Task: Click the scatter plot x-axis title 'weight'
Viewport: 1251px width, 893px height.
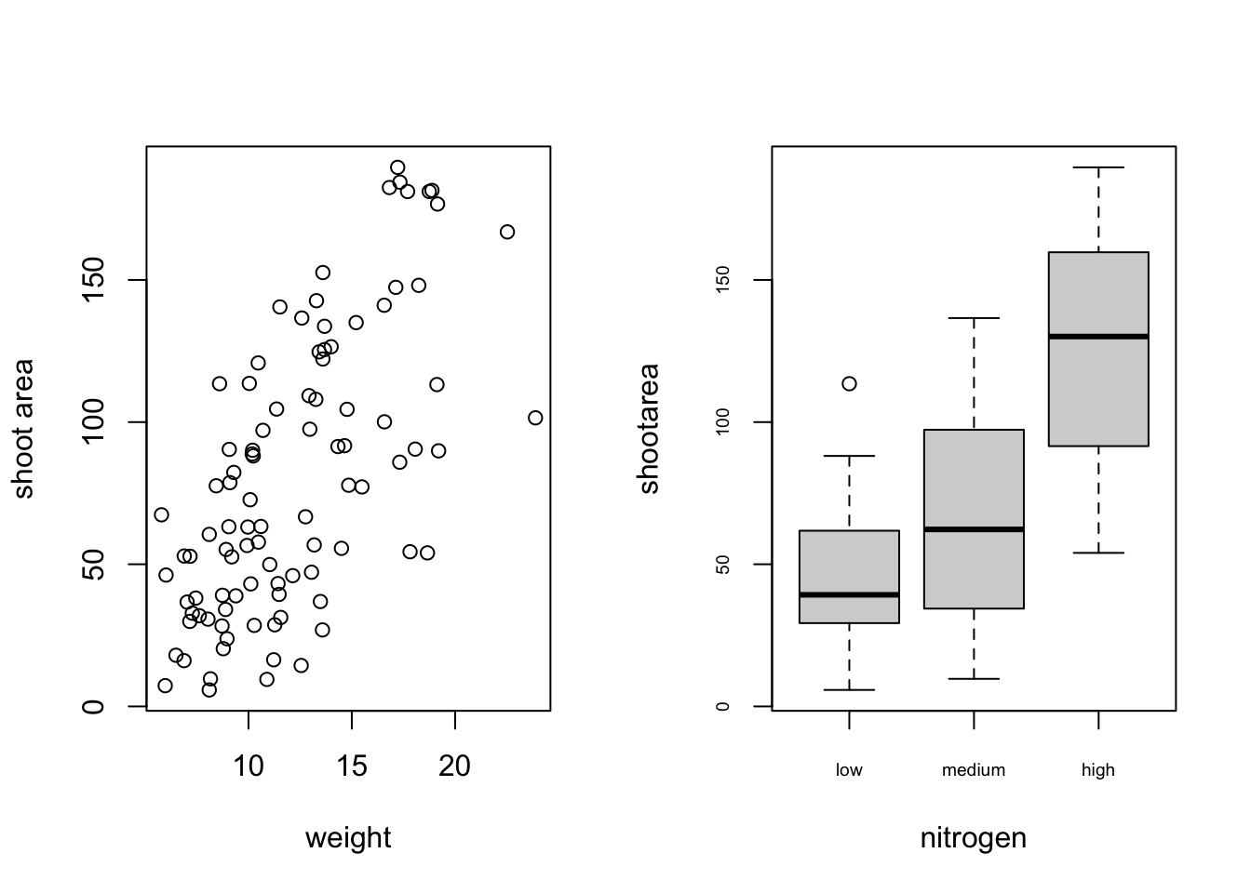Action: click(348, 838)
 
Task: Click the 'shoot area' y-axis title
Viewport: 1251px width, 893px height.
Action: click(23, 428)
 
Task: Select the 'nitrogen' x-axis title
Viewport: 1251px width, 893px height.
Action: click(973, 838)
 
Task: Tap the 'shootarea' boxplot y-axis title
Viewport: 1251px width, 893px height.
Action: click(649, 428)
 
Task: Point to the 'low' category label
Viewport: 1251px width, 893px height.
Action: click(849, 770)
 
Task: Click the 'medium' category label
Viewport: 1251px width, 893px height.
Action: click(974, 770)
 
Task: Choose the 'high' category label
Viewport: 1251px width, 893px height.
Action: click(1098, 770)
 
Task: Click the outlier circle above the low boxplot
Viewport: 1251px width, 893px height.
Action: click(849, 383)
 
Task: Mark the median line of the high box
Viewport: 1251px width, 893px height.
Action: click(1098, 336)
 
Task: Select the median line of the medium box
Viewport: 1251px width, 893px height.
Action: click(974, 529)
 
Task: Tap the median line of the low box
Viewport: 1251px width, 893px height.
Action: click(849, 594)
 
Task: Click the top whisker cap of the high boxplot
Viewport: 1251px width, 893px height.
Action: click(1098, 167)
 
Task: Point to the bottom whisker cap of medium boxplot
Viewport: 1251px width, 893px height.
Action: click(974, 679)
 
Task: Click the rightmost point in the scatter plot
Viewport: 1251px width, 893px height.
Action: click(535, 418)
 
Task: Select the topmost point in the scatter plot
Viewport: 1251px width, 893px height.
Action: click(397, 167)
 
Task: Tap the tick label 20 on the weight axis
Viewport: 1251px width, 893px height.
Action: click(454, 766)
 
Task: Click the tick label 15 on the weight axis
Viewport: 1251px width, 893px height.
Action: click(352, 766)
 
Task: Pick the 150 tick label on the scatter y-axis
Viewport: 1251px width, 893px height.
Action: click(94, 280)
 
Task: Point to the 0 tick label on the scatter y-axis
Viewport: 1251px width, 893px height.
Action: click(94, 706)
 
